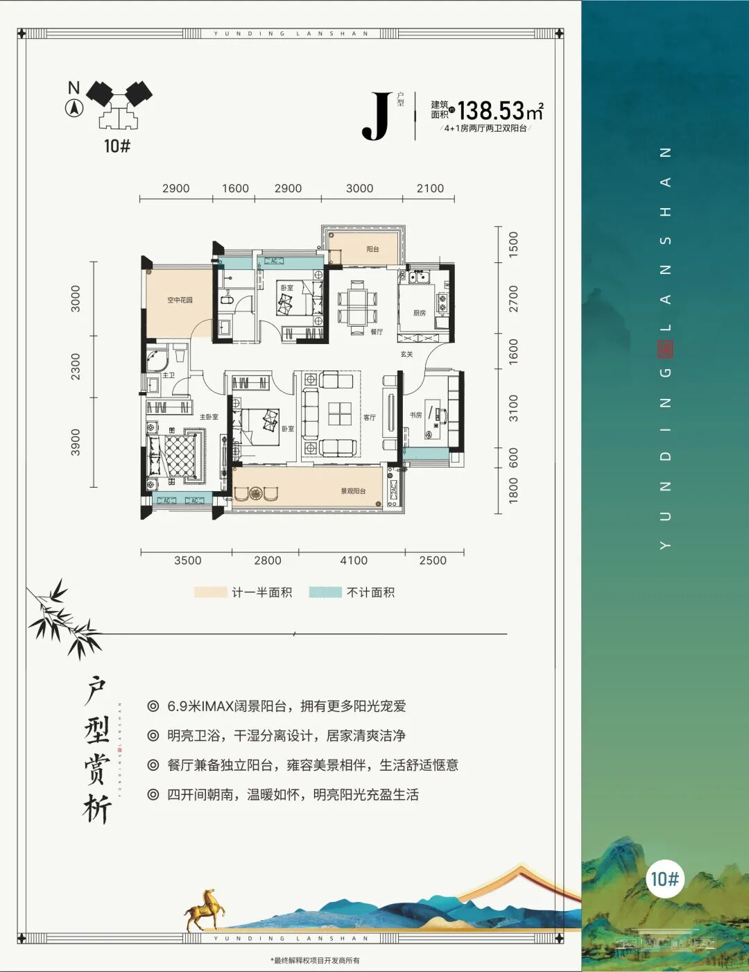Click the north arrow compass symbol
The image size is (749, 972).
(x=74, y=108)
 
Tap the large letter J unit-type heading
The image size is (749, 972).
(x=377, y=116)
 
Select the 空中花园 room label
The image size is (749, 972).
(x=180, y=300)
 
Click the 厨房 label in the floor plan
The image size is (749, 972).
(x=420, y=313)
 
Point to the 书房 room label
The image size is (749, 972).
(x=415, y=415)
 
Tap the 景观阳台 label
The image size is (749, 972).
(x=353, y=491)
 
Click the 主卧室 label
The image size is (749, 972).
(x=209, y=417)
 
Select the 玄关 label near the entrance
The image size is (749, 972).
(x=406, y=355)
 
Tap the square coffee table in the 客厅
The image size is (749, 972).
(x=340, y=413)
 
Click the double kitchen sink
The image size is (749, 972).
(x=419, y=278)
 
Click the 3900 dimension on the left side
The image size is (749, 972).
(x=76, y=442)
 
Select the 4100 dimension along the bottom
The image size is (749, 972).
(x=354, y=561)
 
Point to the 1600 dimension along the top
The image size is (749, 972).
(x=235, y=189)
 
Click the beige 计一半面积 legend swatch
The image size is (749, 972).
(x=210, y=592)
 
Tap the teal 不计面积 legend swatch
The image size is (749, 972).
(x=325, y=592)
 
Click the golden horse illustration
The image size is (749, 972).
(x=204, y=909)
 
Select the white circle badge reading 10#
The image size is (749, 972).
(x=664, y=879)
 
